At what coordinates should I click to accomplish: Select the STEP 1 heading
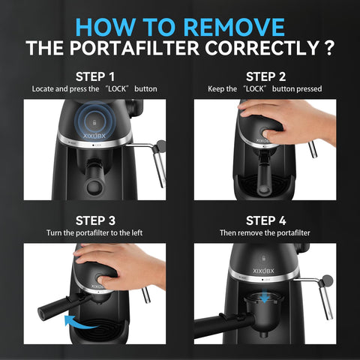[x=94, y=76]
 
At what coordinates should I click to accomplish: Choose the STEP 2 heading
[x=265, y=76]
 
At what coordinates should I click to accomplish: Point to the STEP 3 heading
[x=94, y=220]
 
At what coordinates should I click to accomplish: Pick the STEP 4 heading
[x=265, y=220]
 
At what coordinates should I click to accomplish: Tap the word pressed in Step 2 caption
[x=307, y=89]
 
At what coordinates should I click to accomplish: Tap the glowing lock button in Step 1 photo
[x=94, y=122]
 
